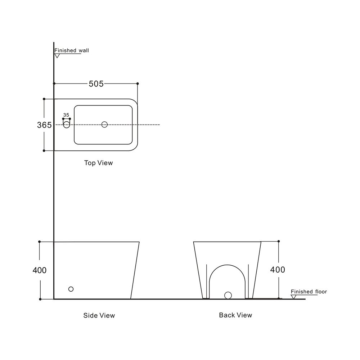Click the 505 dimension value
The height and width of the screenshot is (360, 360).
click(x=96, y=84)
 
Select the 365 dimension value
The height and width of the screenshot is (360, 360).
click(x=44, y=125)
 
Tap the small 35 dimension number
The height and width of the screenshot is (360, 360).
click(x=66, y=115)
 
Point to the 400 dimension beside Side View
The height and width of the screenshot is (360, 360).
click(x=40, y=270)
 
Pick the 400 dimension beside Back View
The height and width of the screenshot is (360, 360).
click(x=278, y=270)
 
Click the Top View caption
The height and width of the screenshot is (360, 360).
click(x=99, y=163)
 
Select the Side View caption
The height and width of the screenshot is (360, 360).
click(x=99, y=315)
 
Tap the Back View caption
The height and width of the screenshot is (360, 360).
click(x=235, y=315)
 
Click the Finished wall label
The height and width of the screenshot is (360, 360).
click(x=72, y=50)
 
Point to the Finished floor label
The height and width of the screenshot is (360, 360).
click(x=309, y=292)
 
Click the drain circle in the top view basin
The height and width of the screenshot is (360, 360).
click(x=104, y=125)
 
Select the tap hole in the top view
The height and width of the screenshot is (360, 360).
click(x=67, y=125)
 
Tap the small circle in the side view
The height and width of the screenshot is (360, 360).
click(x=71, y=289)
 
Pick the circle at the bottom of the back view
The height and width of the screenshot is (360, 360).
click(x=228, y=296)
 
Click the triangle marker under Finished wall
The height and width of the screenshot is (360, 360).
click(x=57, y=56)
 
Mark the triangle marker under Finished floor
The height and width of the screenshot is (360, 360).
click(x=293, y=297)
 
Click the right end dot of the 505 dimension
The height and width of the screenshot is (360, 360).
click(x=138, y=84)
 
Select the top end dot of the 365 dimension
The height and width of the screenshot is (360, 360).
click(x=44, y=99)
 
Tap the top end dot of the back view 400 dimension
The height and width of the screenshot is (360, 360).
click(x=279, y=241)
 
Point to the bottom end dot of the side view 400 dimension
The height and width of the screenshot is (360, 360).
click(x=40, y=299)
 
